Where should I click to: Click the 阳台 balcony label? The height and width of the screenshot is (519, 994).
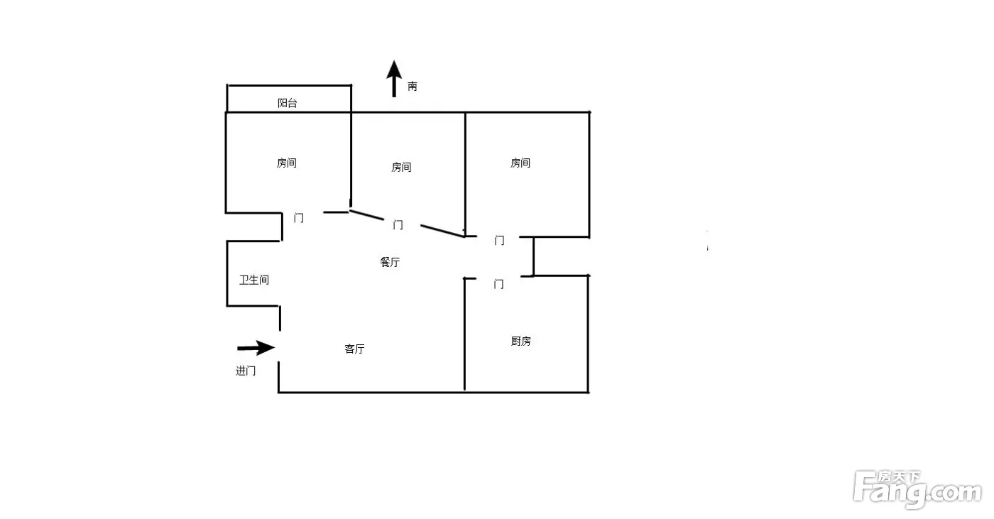pyautogui.click(x=287, y=103)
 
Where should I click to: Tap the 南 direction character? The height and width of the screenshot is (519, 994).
pyautogui.click(x=413, y=86)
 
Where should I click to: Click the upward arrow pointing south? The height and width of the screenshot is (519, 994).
pyautogui.click(x=394, y=79)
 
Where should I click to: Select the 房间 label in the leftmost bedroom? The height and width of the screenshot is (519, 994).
pyautogui.click(x=287, y=163)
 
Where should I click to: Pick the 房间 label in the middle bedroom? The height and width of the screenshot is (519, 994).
pyautogui.click(x=401, y=168)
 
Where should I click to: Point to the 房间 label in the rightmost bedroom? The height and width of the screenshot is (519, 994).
pyautogui.click(x=520, y=163)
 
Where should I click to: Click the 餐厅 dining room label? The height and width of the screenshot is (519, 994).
pyautogui.click(x=390, y=262)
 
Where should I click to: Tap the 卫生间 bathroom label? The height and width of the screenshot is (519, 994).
pyautogui.click(x=254, y=280)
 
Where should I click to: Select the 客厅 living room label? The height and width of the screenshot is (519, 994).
pyautogui.click(x=354, y=349)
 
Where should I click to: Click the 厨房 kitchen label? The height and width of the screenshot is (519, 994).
pyautogui.click(x=520, y=341)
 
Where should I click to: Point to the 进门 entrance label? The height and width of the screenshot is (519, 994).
pyautogui.click(x=246, y=371)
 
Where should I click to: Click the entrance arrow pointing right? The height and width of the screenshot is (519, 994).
pyautogui.click(x=256, y=348)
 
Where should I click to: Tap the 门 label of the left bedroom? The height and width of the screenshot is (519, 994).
pyautogui.click(x=299, y=218)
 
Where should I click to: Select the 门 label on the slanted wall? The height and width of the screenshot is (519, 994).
pyautogui.click(x=398, y=225)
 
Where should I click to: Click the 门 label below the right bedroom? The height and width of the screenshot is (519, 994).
pyautogui.click(x=499, y=241)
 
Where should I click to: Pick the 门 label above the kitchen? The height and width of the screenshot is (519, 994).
pyautogui.click(x=498, y=284)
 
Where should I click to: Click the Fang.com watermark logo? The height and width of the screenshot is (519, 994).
pyautogui.click(x=917, y=489)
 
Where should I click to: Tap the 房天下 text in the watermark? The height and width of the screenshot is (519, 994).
pyautogui.click(x=899, y=477)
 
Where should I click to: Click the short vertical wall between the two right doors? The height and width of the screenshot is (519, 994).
pyautogui.click(x=533, y=256)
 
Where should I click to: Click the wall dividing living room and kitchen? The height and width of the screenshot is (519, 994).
pyautogui.click(x=464, y=334)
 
